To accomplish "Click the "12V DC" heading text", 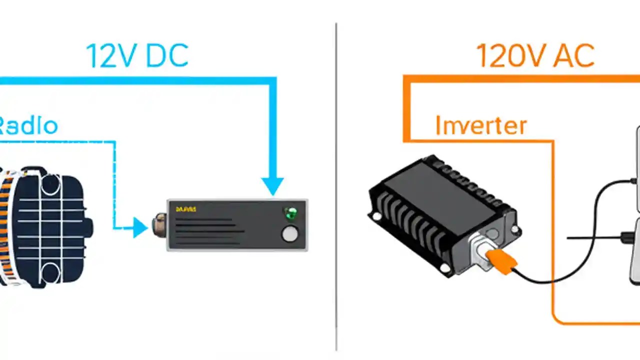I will [x=137, y=55].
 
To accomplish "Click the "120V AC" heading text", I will [x=535, y=55].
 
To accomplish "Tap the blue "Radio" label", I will [x=27, y=125].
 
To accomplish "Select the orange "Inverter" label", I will [x=481, y=125].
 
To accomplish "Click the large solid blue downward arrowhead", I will [x=272, y=185].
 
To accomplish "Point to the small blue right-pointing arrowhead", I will [x=140, y=228].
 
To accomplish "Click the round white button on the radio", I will [x=290, y=233].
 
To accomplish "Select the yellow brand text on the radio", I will [x=186, y=209].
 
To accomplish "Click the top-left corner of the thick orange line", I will [x=407, y=78].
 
